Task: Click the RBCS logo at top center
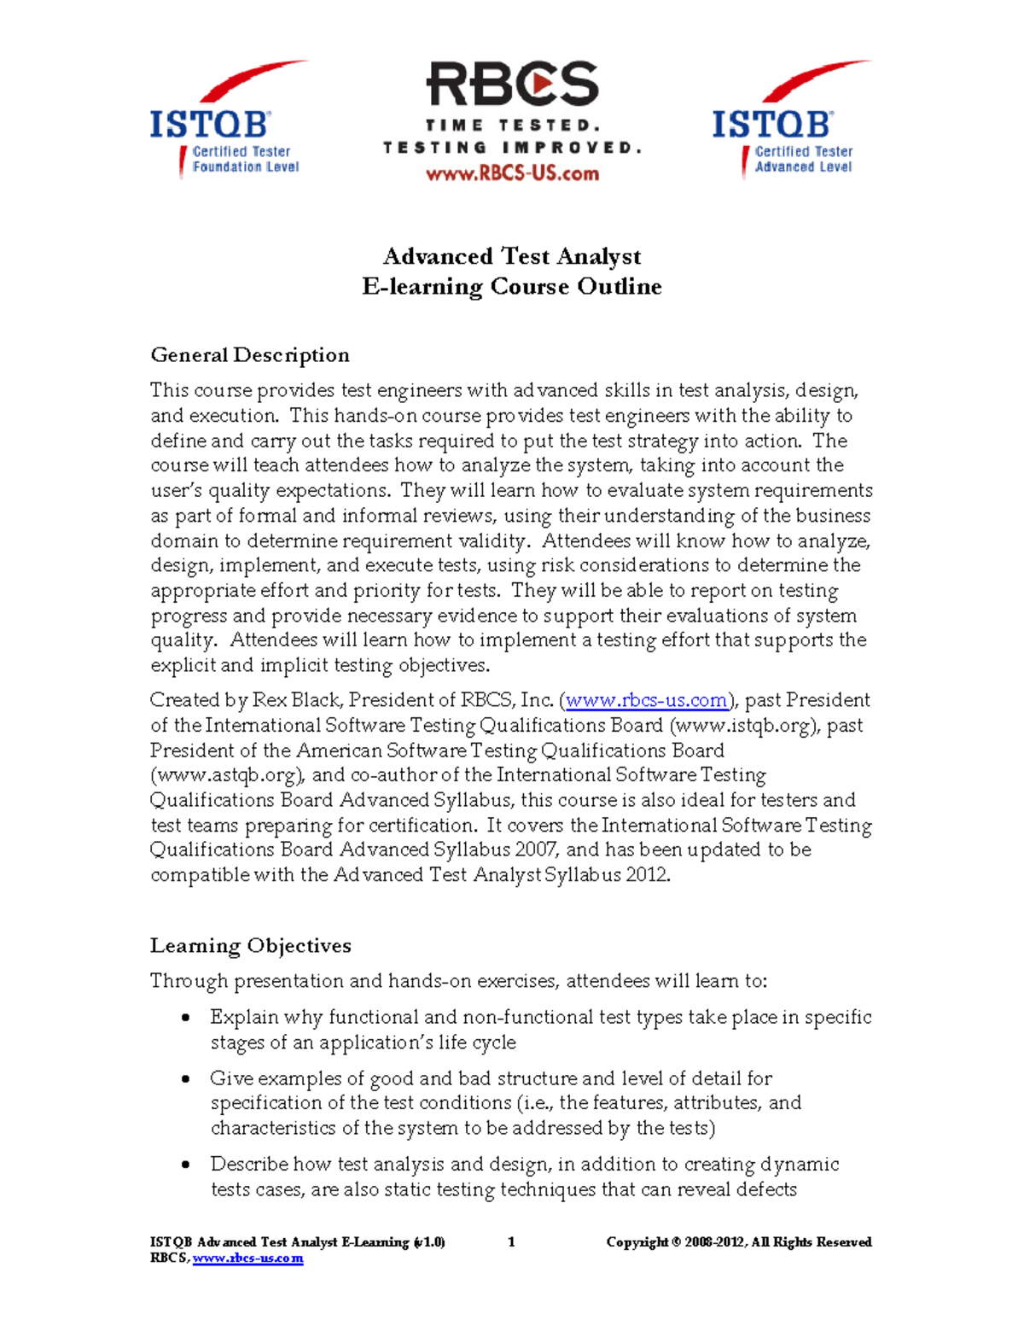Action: point(512,85)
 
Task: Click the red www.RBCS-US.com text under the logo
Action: point(512,174)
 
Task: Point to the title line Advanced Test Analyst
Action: point(512,256)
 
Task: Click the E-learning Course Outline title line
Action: point(512,286)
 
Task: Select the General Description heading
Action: point(250,355)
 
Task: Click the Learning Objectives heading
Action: point(251,946)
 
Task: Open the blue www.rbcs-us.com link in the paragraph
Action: point(646,701)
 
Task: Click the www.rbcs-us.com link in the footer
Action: point(247,1259)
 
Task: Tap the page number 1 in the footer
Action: point(511,1242)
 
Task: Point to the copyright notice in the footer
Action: point(738,1242)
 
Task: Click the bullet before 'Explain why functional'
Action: point(186,1018)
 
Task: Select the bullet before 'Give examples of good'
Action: point(186,1079)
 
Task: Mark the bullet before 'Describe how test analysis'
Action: point(186,1165)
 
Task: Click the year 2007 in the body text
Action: point(537,850)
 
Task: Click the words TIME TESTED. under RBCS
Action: point(513,126)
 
